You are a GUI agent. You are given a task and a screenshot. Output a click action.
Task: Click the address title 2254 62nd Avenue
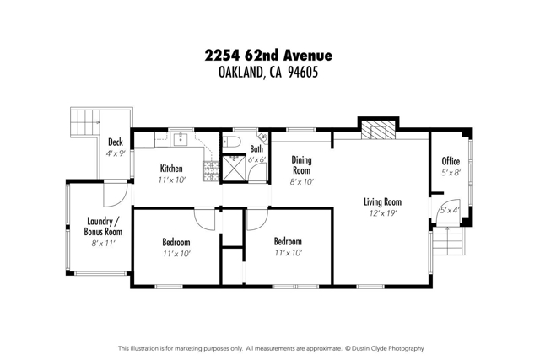(269, 56)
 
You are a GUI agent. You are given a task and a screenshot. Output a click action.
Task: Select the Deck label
(116, 142)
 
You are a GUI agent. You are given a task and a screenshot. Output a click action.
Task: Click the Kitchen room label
(171, 169)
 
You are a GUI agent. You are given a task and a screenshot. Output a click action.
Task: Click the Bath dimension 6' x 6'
(256, 159)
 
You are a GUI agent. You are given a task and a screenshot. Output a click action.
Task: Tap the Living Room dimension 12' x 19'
(381, 213)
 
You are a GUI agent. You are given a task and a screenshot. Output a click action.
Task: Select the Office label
(451, 161)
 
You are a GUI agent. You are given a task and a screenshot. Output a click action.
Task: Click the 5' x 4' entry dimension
(449, 210)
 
